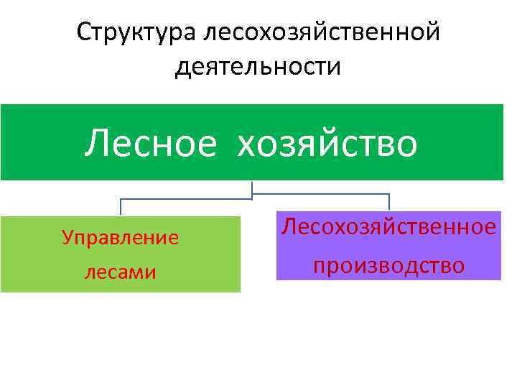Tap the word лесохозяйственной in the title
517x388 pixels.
point(321,32)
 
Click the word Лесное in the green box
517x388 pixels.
point(150,142)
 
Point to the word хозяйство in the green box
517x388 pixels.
point(327,142)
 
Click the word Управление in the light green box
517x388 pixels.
point(120,237)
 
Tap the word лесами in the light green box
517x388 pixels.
point(120,272)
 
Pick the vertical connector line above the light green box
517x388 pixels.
point(121,207)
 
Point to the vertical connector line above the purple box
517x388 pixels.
point(389,202)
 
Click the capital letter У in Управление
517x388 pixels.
point(67,237)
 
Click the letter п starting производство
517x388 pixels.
point(318,266)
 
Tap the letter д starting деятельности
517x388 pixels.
point(182,68)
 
